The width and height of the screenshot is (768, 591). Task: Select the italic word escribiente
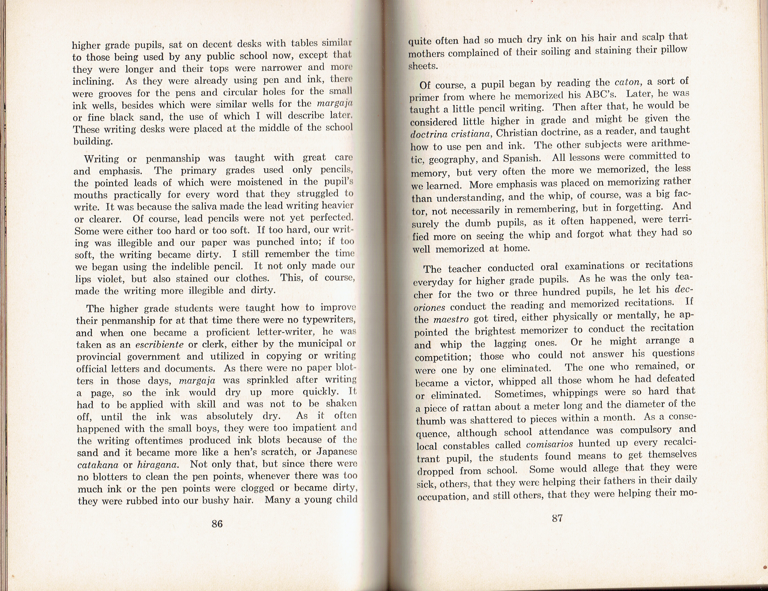pos(159,345)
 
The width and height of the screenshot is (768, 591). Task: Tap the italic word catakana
pos(98,465)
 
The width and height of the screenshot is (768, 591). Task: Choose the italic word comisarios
pos(549,444)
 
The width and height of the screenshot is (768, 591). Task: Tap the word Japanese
pos(337,452)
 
